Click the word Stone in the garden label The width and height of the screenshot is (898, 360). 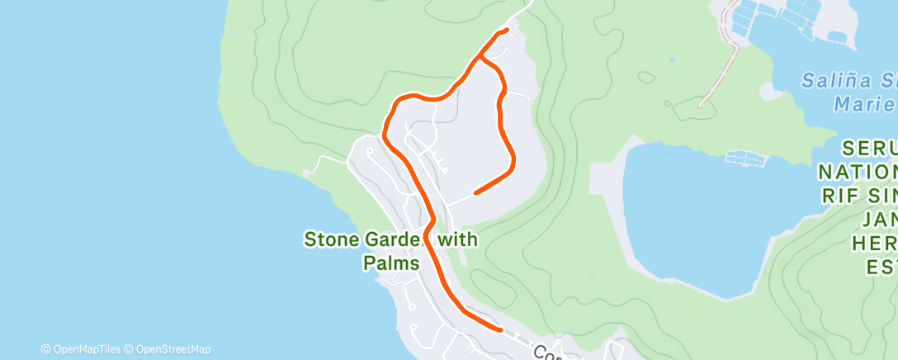tap(331, 240)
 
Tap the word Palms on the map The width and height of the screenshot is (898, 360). tap(391, 263)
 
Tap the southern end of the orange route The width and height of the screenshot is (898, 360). tap(500, 329)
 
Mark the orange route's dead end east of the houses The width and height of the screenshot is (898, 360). tap(475, 193)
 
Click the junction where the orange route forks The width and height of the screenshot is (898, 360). tap(480, 57)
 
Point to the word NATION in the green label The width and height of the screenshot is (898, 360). tap(858, 173)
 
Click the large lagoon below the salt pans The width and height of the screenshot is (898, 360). tap(702, 215)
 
